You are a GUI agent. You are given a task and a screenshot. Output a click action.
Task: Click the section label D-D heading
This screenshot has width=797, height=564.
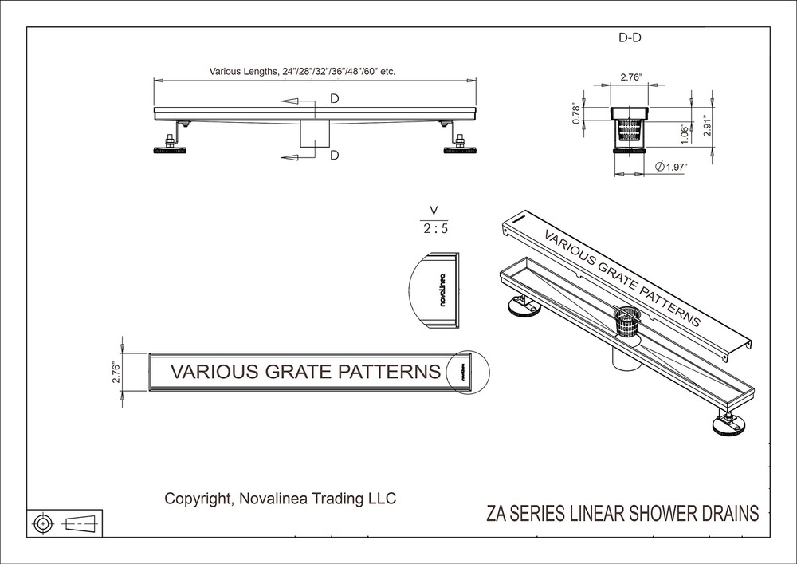pyautogui.click(x=630, y=38)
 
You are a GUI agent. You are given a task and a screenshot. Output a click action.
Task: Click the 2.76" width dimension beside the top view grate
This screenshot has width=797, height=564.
pyautogui.click(x=116, y=372)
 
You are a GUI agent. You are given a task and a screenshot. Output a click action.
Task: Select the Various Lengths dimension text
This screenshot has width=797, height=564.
pyautogui.click(x=302, y=71)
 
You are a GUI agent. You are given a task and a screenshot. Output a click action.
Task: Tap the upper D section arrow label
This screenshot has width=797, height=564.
pyautogui.click(x=335, y=100)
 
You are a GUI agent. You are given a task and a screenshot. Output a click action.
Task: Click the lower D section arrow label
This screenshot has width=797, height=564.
pyautogui.click(x=335, y=155)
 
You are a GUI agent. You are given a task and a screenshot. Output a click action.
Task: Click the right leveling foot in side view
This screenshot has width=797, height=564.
pyautogui.click(x=460, y=148)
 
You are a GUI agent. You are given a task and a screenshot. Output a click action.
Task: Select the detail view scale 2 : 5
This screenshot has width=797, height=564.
pyautogui.click(x=434, y=228)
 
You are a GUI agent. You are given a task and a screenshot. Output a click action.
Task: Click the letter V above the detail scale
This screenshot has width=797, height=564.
pyautogui.click(x=434, y=211)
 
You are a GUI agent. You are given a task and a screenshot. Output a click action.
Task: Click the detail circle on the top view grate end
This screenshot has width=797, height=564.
pyautogui.click(x=466, y=372)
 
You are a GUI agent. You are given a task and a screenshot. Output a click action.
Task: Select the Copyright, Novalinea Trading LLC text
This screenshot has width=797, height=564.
pyautogui.click(x=280, y=499)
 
